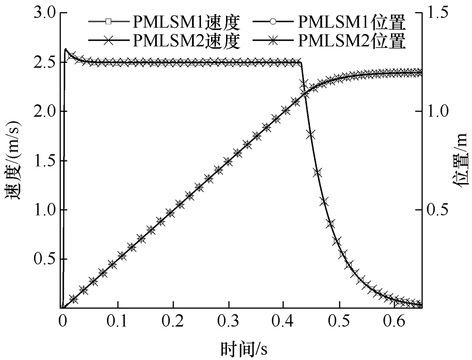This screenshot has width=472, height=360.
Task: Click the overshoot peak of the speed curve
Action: pos(66,49)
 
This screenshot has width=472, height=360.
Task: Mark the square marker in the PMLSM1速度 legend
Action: pos(108,22)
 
